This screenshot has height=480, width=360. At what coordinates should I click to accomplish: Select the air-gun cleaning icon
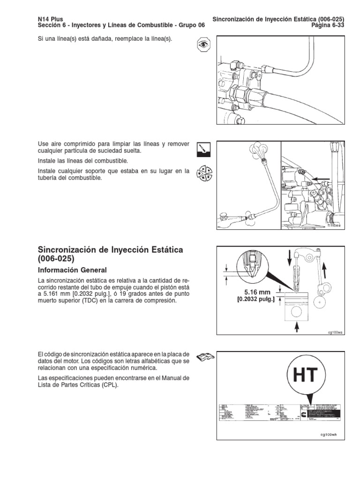[x=204, y=149]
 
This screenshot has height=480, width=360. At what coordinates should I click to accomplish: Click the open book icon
[x=204, y=357]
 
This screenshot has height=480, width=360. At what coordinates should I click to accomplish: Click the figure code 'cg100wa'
[x=336, y=332]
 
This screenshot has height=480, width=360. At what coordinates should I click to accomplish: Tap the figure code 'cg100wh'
[x=329, y=434]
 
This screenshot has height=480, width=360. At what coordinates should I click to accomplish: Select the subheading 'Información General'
[x=72, y=270]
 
